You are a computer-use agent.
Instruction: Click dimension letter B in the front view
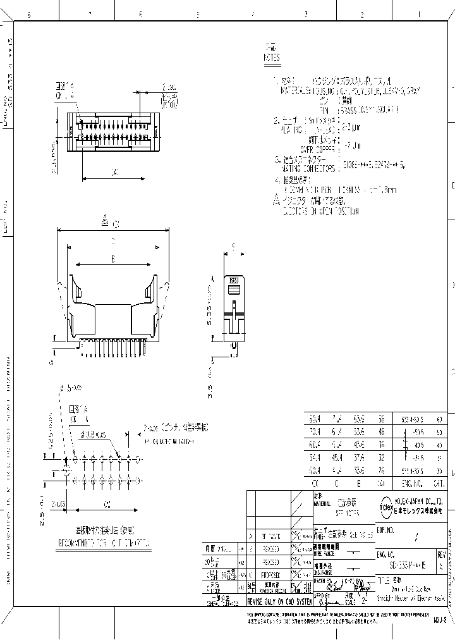point(112,259)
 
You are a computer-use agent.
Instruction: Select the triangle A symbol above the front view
point(106,221)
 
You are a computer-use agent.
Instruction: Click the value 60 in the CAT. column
point(438,419)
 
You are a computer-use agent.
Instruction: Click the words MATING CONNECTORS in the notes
point(307,168)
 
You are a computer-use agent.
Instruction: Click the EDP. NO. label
point(385,526)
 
